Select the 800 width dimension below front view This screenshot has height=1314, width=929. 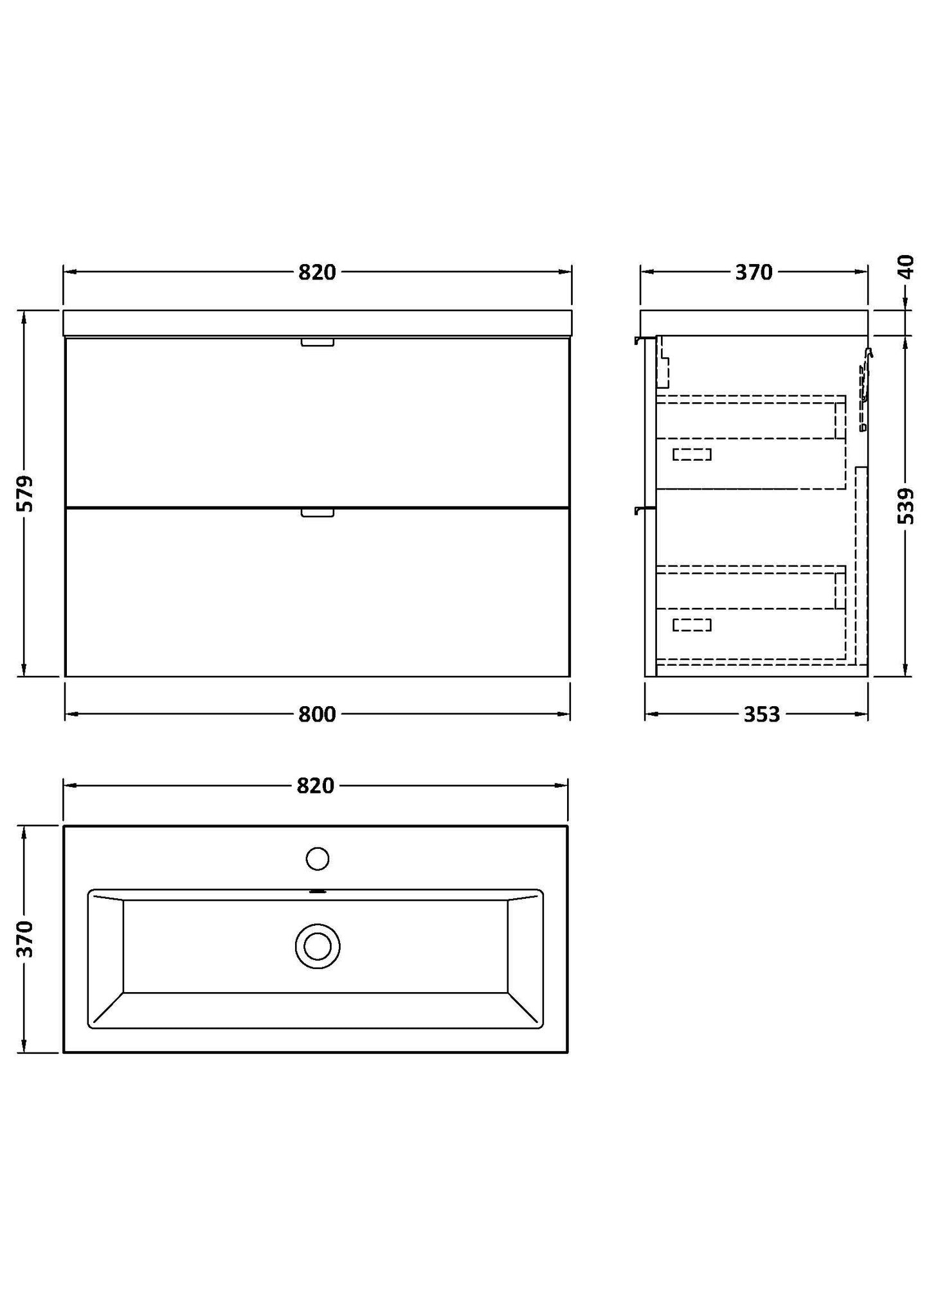tap(317, 714)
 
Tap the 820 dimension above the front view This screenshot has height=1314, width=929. tap(317, 272)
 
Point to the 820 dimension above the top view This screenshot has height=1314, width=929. tap(316, 785)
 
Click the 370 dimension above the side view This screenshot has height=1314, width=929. tap(753, 272)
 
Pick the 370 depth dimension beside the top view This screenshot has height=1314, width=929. tap(25, 938)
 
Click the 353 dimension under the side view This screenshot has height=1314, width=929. tap(761, 714)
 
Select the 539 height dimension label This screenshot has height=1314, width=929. tap(905, 506)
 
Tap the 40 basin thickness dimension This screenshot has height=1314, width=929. tap(905, 267)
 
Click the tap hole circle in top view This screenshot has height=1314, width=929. tap(318, 858)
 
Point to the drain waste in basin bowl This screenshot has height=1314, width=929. tap(318, 946)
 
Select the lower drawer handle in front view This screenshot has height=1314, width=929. tap(318, 512)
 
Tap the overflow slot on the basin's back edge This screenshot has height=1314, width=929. tap(318, 892)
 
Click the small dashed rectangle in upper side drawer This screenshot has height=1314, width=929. tap(692, 454)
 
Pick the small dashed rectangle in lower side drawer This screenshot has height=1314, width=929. tap(692, 625)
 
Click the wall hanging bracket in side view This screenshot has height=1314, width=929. tap(865, 386)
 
